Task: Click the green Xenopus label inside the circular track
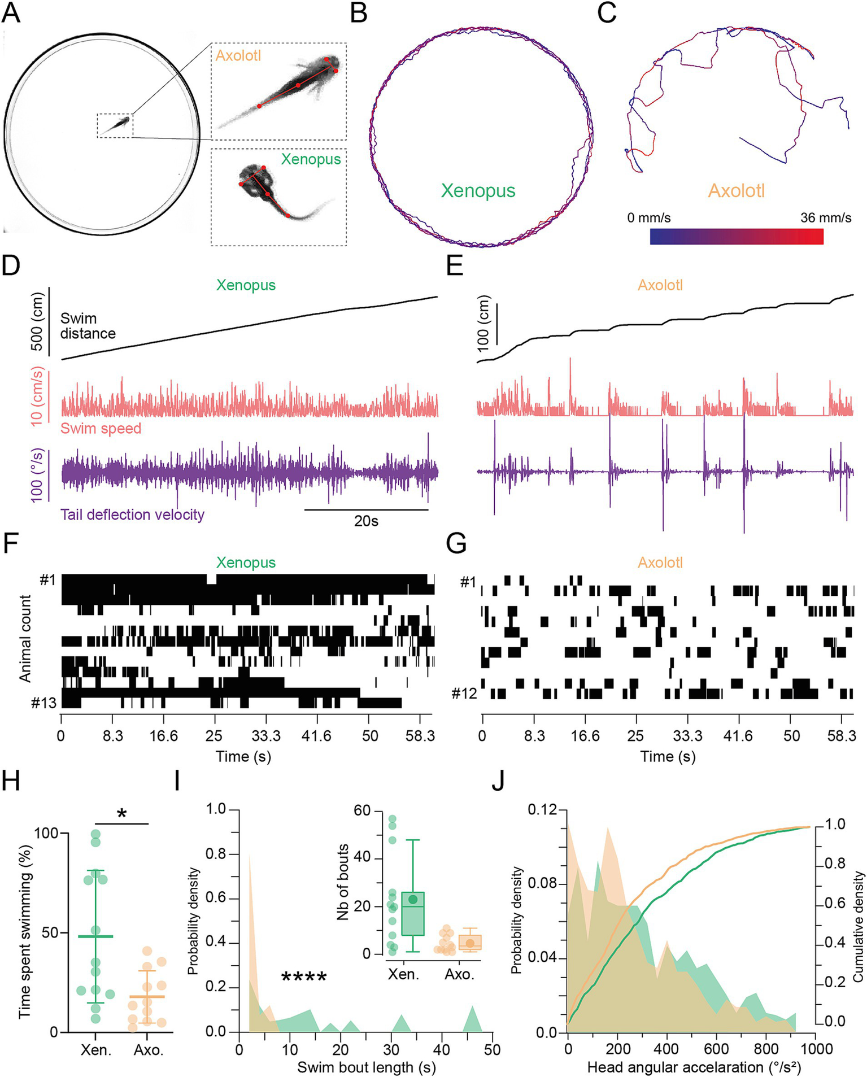(478, 190)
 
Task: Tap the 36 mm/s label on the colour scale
(825, 217)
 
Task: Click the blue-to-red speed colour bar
(736, 236)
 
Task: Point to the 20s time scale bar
(366, 509)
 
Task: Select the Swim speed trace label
(101, 428)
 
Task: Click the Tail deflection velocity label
(132, 514)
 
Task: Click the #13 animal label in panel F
(44, 703)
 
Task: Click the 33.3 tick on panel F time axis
(266, 736)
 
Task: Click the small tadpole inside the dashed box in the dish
(119, 124)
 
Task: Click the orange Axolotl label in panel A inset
(238, 55)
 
